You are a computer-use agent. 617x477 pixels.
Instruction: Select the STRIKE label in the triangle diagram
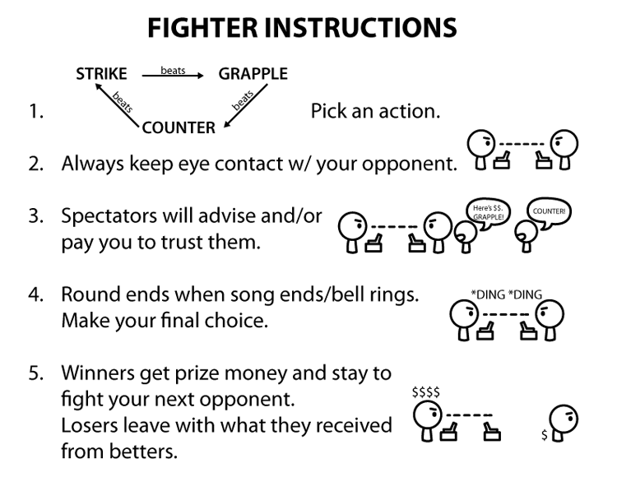pos(101,74)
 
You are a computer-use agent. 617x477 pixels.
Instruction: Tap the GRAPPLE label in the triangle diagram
pos(253,74)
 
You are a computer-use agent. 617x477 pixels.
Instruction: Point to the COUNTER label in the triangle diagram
pos(179,127)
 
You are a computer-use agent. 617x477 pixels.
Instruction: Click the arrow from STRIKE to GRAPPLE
pos(172,76)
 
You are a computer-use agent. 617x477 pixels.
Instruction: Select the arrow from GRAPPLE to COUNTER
pos(244,106)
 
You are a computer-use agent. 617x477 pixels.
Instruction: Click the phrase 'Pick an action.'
pos(375,111)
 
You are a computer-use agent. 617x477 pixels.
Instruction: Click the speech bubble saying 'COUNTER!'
pos(548,211)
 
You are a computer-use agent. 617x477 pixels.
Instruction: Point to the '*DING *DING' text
pos(506,294)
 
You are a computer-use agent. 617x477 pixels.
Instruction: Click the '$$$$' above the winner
pos(425,393)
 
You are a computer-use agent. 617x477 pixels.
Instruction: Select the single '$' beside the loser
pos(544,433)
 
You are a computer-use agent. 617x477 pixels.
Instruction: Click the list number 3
pos(35,216)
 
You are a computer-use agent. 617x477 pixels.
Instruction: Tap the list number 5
pos(35,373)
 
